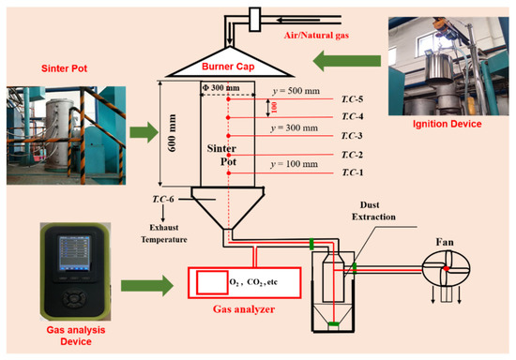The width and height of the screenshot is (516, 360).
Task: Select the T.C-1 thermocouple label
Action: [x=350, y=172]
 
